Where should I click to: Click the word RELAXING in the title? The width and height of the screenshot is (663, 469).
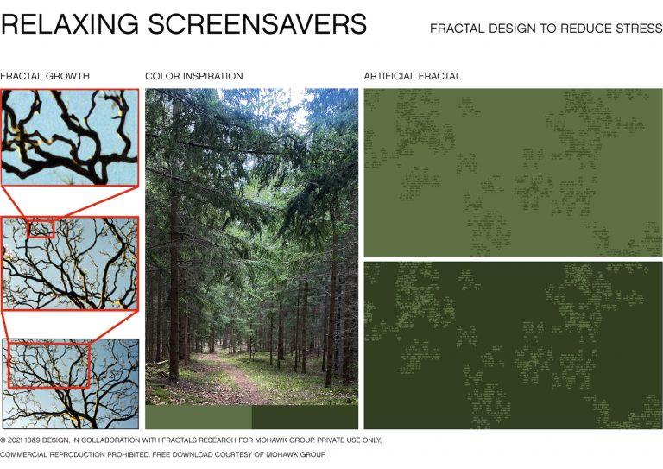click(x=70, y=23)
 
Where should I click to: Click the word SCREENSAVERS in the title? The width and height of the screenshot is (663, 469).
click(x=257, y=23)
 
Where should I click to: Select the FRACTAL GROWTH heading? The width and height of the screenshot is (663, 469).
click(x=45, y=76)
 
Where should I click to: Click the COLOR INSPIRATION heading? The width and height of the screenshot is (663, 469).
click(x=194, y=76)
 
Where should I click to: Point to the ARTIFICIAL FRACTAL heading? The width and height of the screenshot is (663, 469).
click(x=413, y=76)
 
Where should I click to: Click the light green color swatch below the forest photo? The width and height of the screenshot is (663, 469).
click(x=199, y=417)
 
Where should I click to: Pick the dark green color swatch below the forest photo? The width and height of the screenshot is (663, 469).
click(x=305, y=417)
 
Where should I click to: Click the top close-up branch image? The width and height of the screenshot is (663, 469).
click(x=70, y=137)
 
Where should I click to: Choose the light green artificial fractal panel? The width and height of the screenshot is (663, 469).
click(x=514, y=172)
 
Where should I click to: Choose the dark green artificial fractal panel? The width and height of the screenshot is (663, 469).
click(x=514, y=345)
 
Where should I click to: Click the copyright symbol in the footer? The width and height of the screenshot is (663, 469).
click(x=3, y=440)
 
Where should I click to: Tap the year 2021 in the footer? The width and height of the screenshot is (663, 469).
click(x=16, y=440)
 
